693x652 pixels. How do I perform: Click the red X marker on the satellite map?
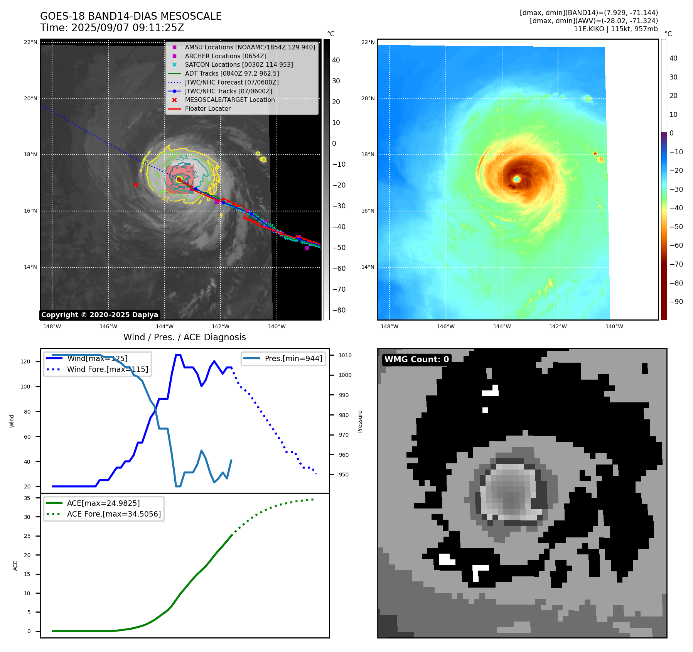(135, 185)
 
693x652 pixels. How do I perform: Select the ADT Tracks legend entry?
(232, 73)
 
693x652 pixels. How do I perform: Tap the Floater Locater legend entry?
(207, 108)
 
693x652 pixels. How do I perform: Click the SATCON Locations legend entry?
(239, 64)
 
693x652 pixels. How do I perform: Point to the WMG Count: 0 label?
(416, 359)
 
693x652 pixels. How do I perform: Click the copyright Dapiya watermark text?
(99, 315)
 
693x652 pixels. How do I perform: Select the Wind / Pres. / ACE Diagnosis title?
(184, 337)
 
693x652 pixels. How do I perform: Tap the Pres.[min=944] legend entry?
(293, 358)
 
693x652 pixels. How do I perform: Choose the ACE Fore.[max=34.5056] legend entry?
(114, 514)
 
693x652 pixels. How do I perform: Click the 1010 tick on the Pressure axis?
(345, 355)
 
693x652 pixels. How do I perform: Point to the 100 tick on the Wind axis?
(25, 387)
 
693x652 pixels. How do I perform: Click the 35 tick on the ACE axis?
(27, 498)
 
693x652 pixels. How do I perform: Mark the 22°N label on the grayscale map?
(30, 42)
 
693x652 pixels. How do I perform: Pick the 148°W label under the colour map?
(389, 326)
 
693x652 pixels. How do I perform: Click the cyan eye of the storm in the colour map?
(517, 179)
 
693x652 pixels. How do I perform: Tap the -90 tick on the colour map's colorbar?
(676, 302)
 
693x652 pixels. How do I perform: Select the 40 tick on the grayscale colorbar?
(336, 60)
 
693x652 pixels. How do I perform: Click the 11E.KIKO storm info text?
(615, 29)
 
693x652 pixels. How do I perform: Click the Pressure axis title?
(360, 421)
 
